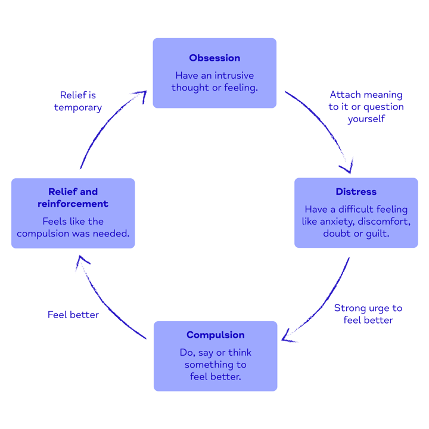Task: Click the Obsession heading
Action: point(214,58)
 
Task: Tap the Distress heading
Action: point(356,192)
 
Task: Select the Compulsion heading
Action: point(215,335)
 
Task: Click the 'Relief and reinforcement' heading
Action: point(73,198)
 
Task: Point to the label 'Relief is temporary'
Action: point(78,101)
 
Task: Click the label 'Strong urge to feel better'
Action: point(368,314)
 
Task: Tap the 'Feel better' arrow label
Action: point(73,315)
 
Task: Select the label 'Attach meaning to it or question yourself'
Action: point(366,107)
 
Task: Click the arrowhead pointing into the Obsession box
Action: point(141,95)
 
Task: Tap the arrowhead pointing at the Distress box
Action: point(347,166)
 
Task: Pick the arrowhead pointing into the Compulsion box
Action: point(288,337)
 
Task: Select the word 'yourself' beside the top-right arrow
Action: point(366,119)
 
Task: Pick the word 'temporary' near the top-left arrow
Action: point(78,108)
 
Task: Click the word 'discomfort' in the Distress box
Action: point(386,222)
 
